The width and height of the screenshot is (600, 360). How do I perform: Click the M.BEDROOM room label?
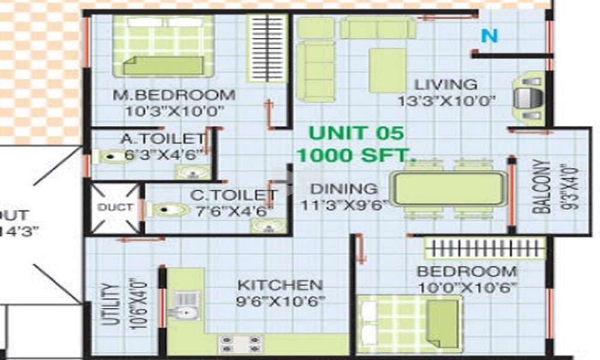click(x=174, y=95)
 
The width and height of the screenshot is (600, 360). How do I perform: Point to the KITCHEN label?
click(x=280, y=285)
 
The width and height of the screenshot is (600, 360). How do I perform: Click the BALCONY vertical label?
click(x=542, y=186)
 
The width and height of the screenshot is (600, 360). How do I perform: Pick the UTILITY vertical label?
click(x=109, y=304)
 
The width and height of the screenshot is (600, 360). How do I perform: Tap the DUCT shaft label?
click(x=115, y=207)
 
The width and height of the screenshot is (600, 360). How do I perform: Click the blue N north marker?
click(x=490, y=37)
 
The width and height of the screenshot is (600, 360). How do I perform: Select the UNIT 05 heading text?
click(x=356, y=133)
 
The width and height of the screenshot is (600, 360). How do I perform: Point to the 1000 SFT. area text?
click(x=356, y=155)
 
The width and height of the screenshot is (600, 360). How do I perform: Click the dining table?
click(x=448, y=188)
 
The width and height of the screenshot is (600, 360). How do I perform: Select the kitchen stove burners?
click(x=240, y=343)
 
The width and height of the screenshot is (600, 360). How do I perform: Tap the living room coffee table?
click(x=388, y=70)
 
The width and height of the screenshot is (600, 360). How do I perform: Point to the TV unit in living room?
click(x=529, y=98)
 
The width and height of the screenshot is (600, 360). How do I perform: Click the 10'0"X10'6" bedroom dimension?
click(x=467, y=287)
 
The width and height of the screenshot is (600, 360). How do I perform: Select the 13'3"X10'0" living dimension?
click(x=446, y=101)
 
